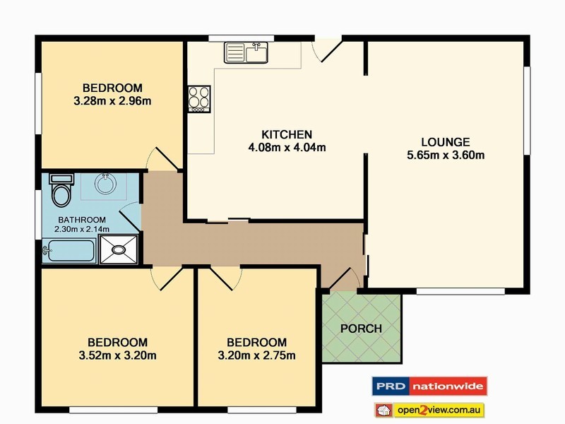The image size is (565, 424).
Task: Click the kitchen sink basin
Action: pos(246,52)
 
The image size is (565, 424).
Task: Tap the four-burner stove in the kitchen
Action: pos(199,99)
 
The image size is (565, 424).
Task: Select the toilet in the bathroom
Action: pos(61,190)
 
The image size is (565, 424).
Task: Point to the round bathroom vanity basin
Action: pos(105,184)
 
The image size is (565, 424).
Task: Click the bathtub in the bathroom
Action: pos(69,250)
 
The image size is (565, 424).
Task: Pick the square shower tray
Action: pos(118,249)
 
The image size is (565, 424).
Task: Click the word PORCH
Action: pos(361,329)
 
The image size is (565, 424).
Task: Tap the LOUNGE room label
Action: pos(446,142)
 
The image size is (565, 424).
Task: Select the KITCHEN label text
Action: pos(287,134)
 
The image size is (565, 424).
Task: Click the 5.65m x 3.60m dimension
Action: pos(446,155)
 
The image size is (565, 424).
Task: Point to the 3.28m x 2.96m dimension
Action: pos(112,101)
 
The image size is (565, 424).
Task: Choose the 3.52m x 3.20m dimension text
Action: pos(117,355)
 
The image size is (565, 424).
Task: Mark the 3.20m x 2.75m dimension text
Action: pos(256,355)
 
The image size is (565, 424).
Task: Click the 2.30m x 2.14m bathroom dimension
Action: pos(82,229)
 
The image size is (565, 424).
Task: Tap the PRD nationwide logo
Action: pos(429,387)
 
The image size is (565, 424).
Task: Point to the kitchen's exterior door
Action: pos(327,50)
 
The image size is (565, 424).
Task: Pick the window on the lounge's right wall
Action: pos(527,110)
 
